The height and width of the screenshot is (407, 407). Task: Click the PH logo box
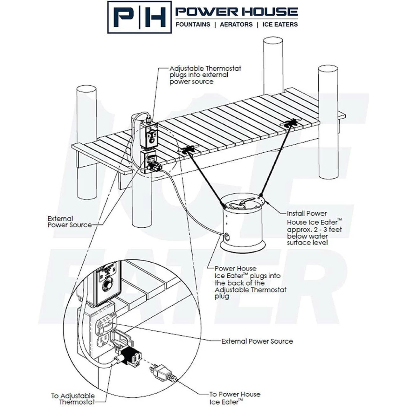point(139,17)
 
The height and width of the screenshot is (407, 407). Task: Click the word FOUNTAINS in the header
point(193,24)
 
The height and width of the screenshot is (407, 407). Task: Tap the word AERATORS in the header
point(236,24)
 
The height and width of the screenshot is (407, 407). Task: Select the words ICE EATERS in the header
point(280,24)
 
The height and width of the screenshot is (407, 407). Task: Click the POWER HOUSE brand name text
point(237,12)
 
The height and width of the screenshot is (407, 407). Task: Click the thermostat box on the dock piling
point(148,135)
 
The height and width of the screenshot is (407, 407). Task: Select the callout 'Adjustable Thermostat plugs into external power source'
point(205,75)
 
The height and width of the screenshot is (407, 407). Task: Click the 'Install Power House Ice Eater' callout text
point(314,228)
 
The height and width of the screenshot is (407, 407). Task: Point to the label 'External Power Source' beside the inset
point(257,341)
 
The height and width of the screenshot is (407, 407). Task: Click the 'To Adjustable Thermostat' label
point(73,399)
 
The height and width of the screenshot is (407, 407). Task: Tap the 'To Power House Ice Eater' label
point(235,398)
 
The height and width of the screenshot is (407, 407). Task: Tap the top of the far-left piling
point(86,89)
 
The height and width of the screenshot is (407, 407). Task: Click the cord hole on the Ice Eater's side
point(227,236)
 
